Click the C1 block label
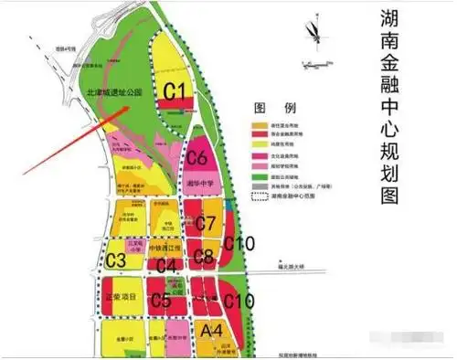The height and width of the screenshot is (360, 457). click(175, 90)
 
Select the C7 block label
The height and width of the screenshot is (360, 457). click(207, 223)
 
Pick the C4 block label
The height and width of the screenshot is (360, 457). click(166, 266)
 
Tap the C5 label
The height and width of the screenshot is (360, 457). click(161, 299)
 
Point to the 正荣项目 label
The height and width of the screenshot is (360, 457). click(121, 298)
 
